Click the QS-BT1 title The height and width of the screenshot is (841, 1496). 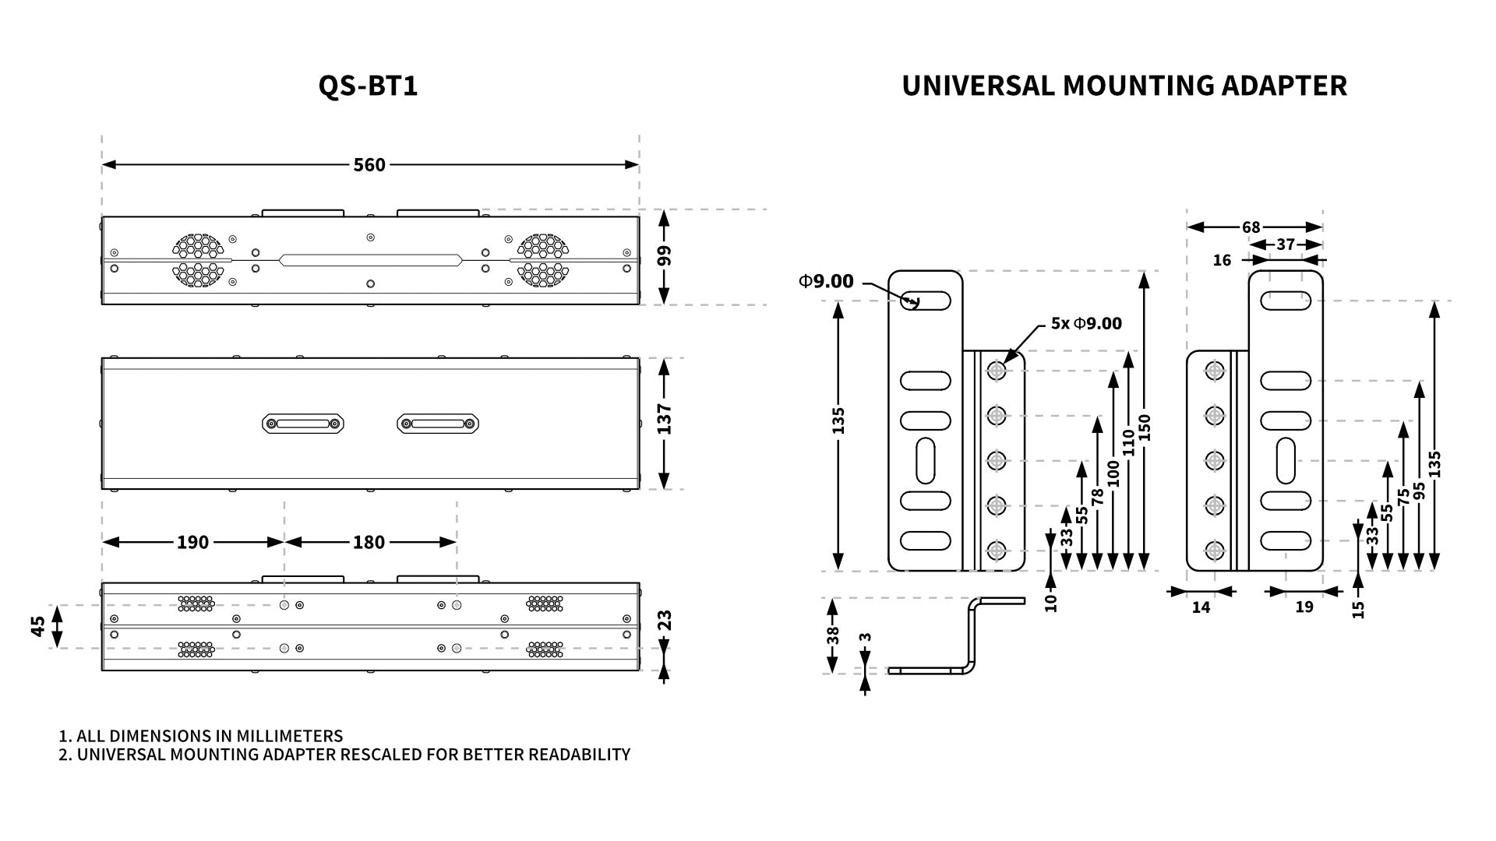tap(368, 86)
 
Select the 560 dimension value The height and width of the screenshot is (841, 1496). tap(369, 165)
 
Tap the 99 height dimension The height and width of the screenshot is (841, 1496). tap(664, 256)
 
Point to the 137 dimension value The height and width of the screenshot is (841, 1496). tap(664, 419)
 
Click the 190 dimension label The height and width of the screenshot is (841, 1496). tap(192, 542)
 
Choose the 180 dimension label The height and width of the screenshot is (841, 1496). tap(369, 542)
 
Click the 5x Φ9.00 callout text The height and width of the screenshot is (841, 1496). tap(1086, 323)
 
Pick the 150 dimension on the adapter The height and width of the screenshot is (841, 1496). tap(1145, 428)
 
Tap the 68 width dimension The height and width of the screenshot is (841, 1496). tap(1251, 227)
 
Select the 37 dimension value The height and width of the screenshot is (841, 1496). tap(1286, 245)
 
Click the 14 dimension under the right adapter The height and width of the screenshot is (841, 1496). tap(1201, 607)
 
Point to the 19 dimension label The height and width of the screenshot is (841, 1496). tap(1304, 607)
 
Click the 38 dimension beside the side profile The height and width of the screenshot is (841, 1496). tap(833, 635)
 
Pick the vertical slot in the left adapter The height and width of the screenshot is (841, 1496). tap(925, 460)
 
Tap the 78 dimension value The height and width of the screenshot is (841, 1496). tap(1098, 496)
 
